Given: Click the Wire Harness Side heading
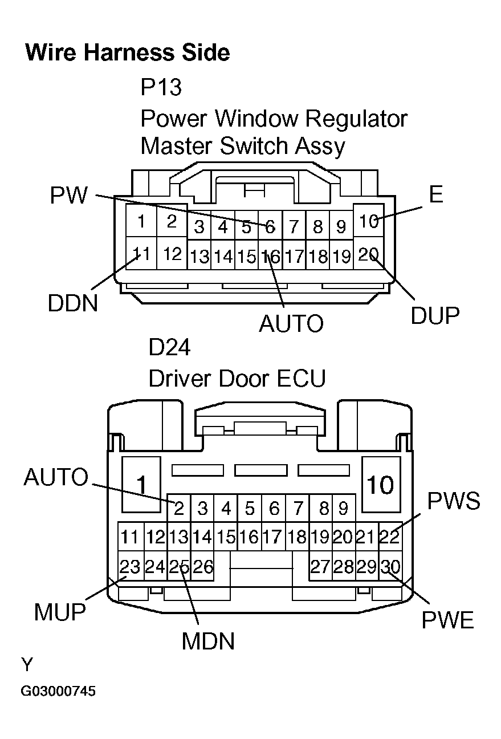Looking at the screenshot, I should click(128, 53).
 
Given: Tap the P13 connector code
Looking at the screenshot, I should click(161, 88).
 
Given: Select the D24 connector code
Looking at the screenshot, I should click(169, 347).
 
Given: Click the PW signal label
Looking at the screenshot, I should click(69, 196).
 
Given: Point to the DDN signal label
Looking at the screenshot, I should click(73, 303).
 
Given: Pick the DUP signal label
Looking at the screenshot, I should click(435, 315).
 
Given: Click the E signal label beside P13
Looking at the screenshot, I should click(435, 195).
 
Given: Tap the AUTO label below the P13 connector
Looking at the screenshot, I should click(291, 324).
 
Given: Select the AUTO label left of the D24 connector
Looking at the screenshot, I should click(56, 477).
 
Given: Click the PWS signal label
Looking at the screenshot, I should click(454, 501).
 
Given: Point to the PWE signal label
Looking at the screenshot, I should click(447, 620).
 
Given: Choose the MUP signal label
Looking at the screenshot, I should click(60, 612).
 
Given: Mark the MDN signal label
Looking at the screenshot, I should click(208, 641).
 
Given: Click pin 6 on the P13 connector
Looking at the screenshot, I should click(270, 228).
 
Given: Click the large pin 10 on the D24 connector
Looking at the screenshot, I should click(380, 485).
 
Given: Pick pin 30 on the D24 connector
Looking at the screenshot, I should click(391, 567).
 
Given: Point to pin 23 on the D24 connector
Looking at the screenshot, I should click(130, 567).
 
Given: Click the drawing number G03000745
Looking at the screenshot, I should click(58, 692).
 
